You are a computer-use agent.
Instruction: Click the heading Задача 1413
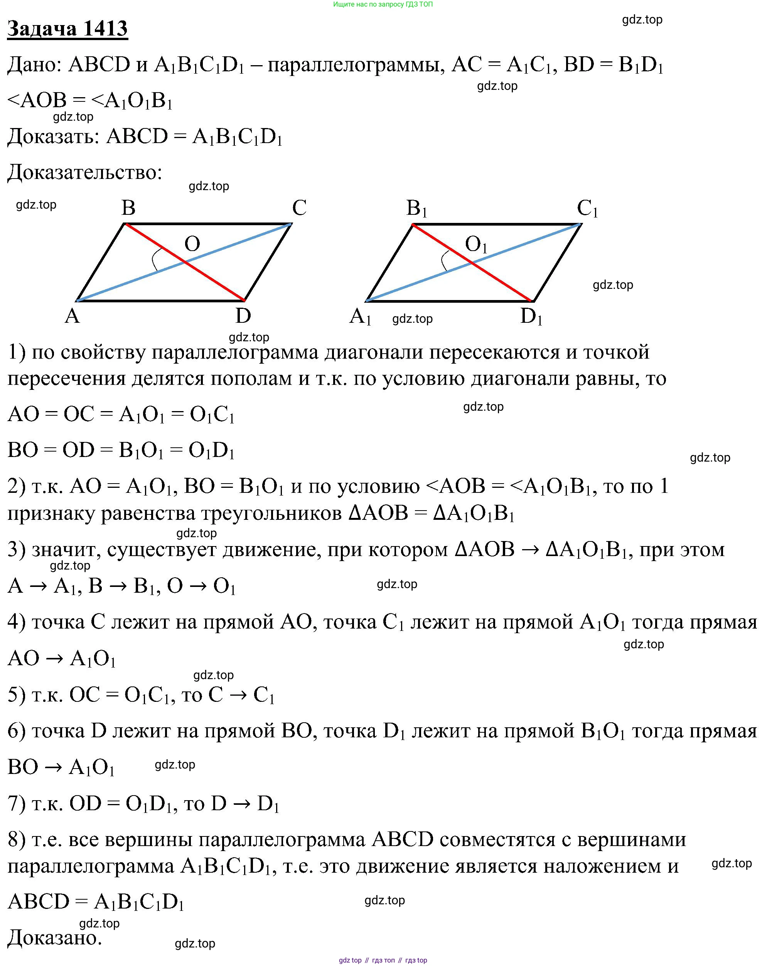pos(67,29)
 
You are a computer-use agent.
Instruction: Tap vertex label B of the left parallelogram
pos(128,208)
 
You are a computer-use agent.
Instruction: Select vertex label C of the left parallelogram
pos(299,208)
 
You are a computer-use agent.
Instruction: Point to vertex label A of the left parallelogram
pos(72,316)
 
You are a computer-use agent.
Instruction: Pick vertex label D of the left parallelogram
pos(243,316)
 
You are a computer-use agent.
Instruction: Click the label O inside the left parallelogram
pos(192,244)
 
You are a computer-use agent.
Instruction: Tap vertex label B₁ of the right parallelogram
pos(416,208)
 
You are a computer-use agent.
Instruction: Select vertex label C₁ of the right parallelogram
pos(587,208)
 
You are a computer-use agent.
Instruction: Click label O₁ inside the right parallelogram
pos(475,244)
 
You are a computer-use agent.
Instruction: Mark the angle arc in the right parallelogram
pos(443,261)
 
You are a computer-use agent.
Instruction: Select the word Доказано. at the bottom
pos(55,938)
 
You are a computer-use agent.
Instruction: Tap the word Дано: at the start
pos(34,64)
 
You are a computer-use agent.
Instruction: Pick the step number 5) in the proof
pos(17,695)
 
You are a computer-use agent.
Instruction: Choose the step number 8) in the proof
pos(17,839)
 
